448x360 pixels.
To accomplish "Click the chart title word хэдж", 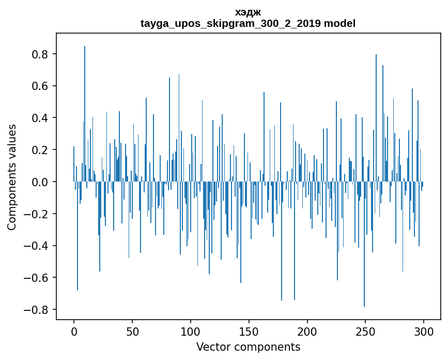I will pyautogui.click(x=248, y=12).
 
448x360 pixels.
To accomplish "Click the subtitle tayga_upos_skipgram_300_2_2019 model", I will pyautogui.click(x=248, y=23).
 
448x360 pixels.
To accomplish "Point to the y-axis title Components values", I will pyautogui.click(x=12, y=177).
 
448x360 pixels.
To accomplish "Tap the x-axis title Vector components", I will pyautogui.click(x=248, y=347).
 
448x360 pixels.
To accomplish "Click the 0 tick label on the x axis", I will pyautogui.click(x=74, y=331).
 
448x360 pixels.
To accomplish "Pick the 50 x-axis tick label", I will pyautogui.click(x=132, y=331).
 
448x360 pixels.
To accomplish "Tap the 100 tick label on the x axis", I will pyautogui.click(x=191, y=331).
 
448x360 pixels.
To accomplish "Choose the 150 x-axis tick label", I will pyautogui.click(x=249, y=331).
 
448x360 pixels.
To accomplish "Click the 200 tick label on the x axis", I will pyautogui.click(x=307, y=331).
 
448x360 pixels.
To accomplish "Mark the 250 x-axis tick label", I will pyautogui.click(x=365, y=331).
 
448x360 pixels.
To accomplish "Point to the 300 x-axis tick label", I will pyautogui.click(x=424, y=331).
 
